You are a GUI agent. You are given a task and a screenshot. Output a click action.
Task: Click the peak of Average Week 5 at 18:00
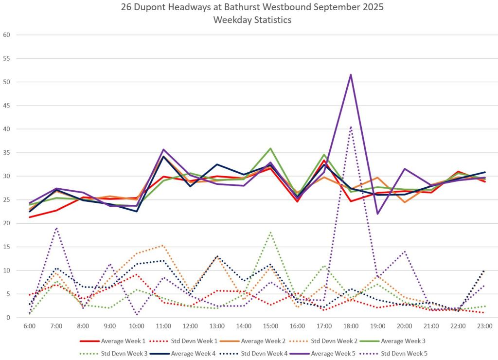coord(351,74)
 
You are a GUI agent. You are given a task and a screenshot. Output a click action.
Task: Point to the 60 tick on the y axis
coord(6,35)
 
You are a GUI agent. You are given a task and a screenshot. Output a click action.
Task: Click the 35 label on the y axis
coord(6,153)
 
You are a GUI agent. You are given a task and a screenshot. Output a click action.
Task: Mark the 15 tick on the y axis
coord(6,247)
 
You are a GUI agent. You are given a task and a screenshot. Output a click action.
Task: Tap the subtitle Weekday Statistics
coord(249,20)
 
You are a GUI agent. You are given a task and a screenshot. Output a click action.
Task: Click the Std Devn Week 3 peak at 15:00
coord(270,232)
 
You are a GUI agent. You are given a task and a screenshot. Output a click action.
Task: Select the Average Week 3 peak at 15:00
coord(270,148)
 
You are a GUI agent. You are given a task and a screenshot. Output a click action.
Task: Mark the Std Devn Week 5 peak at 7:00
coord(56,228)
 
